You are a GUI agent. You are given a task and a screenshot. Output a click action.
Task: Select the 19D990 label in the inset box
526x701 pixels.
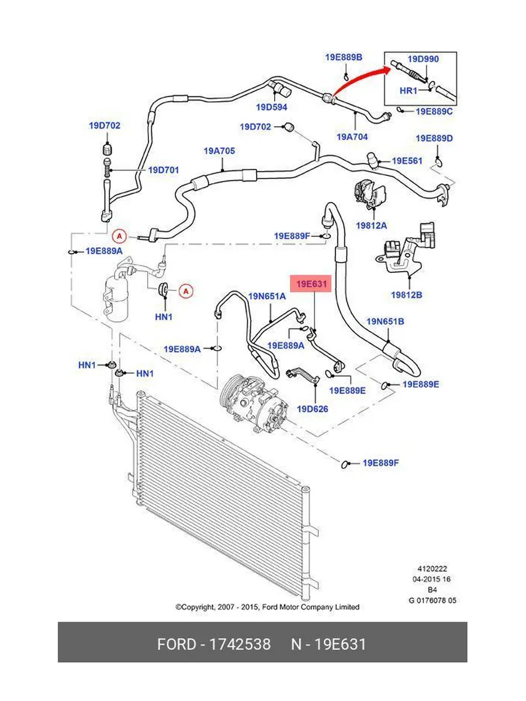pyautogui.click(x=423, y=59)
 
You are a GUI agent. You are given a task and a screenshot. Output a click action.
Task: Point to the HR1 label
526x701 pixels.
pyautogui.click(x=408, y=91)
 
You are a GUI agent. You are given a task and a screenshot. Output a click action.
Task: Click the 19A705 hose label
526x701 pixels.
pyautogui.click(x=219, y=151)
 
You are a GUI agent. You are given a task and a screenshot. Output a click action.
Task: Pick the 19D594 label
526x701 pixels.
pyautogui.click(x=272, y=107)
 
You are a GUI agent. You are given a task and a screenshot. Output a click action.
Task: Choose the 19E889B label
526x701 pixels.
pyautogui.click(x=344, y=57)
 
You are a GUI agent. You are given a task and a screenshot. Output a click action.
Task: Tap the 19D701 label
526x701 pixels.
pyautogui.click(x=163, y=170)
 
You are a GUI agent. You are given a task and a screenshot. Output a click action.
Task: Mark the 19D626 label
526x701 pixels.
pyautogui.click(x=313, y=409)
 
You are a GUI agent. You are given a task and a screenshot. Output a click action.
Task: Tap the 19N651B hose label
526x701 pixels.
pyautogui.click(x=385, y=321)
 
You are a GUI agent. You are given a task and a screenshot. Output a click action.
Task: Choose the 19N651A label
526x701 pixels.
pyautogui.click(x=267, y=296)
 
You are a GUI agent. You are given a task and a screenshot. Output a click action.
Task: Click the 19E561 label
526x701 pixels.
pyautogui.click(x=407, y=161)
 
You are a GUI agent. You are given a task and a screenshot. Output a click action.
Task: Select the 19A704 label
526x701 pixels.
pyautogui.click(x=352, y=137)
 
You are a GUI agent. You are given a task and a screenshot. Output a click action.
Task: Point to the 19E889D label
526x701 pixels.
pyautogui.click(x=434, y=138)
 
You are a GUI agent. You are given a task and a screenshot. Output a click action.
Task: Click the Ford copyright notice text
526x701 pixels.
pyautogui.click(x=268, y=607)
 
